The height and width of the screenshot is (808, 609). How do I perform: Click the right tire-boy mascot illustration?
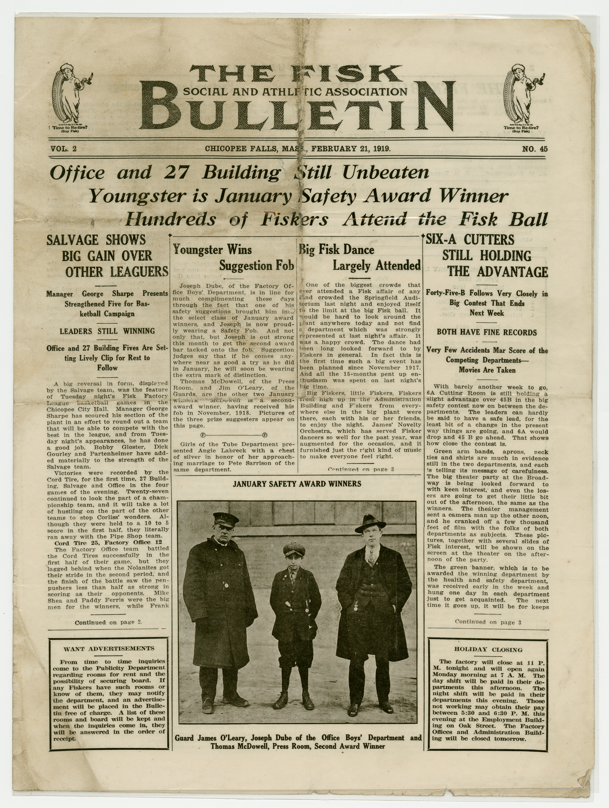(x=523, y=97)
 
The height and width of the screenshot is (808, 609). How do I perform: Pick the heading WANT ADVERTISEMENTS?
(x=109, y=649)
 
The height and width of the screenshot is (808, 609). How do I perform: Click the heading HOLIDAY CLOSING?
(x=488, y=649)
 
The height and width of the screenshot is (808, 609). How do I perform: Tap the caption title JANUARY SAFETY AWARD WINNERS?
(x=297, y=484)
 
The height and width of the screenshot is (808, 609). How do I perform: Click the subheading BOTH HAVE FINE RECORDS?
(x=487, y=332)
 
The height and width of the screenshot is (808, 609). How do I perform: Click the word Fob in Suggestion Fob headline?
(x=284, y=266)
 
